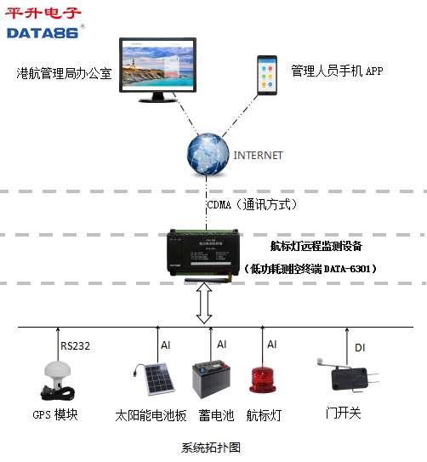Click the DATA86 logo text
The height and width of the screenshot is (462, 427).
(x=43, y=32)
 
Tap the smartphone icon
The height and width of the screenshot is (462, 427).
(x=268, y=75)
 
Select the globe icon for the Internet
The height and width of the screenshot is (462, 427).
(x=207, y=154)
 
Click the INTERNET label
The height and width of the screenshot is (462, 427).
(x=258, y=156)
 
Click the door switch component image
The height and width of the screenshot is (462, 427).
(x=340, y=375)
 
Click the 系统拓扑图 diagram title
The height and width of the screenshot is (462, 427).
(x=212, y=448)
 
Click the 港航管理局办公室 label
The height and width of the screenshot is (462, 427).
(x=65, y=74)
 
